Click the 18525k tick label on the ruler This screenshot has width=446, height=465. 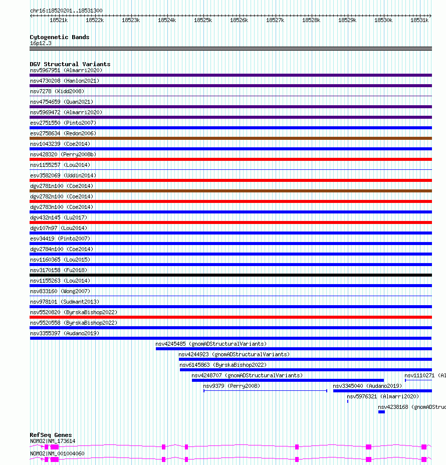[x=203, y=20]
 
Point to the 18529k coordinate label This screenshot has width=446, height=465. [x=347, y=20]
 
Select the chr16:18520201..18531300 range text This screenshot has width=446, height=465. [x=67, y=11]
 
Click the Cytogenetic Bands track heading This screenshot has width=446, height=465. [x=60, y=37]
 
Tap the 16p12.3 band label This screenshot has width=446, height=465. [x=41, y=43]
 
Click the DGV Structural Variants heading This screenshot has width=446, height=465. [x=70, y=64]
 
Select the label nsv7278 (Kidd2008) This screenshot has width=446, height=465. [x=57, y=91]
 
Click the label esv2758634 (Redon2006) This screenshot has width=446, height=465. [x=63, y=133]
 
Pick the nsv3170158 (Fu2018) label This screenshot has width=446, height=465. [x=59, y=270]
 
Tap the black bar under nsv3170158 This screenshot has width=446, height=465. [x=231, y=275]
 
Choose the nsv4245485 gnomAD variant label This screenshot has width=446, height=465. [x=211, y=344]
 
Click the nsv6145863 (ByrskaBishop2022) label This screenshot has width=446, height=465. [x=223, y=365]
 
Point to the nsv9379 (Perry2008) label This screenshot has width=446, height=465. [x=232, y=386]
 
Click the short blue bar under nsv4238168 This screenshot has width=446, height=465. [x=382, y=412]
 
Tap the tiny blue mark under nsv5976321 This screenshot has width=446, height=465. [x=348, y=401]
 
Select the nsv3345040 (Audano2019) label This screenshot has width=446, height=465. [x=367, y=386]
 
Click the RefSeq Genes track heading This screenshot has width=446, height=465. [x=51, y=435]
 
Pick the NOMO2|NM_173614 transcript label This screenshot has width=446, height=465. [x=53, y=441]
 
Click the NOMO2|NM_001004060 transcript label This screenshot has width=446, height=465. [x=57, y=454]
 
